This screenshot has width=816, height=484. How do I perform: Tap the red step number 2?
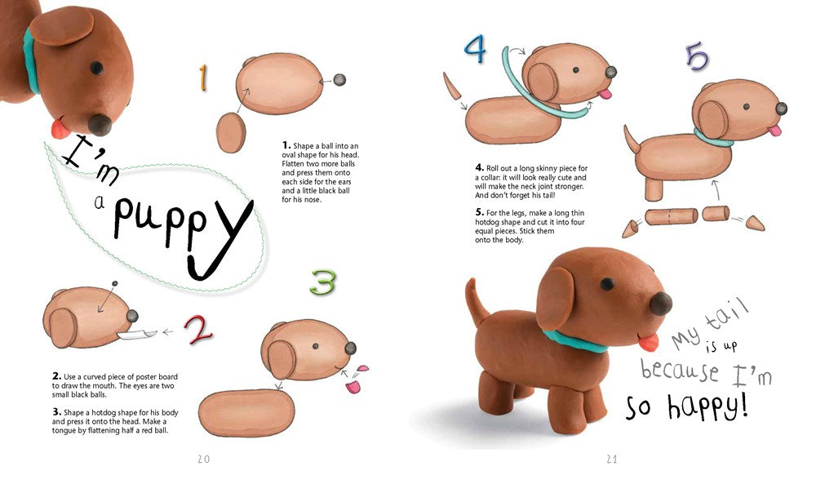[198, 330]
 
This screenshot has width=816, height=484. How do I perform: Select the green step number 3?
[322, 282]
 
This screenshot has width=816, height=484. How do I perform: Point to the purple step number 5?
[697, 56]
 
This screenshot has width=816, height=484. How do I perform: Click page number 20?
[203, 459]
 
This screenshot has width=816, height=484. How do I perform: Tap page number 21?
[611, 459]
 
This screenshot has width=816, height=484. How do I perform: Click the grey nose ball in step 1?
[339, 80]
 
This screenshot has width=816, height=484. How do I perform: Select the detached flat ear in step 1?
[231, 133]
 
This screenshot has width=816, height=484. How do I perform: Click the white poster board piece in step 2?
[136, 334]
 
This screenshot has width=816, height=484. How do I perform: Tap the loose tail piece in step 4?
[452, 86]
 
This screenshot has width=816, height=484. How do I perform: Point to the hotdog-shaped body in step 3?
[246, 413]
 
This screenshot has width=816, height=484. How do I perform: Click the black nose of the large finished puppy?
[660, 304]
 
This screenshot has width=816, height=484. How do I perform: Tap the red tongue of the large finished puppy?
[649, 343]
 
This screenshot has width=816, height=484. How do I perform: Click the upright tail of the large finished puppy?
[476, 301]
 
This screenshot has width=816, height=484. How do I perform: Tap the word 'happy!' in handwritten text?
[707, 406]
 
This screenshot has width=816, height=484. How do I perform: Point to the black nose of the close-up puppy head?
[100, 125]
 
